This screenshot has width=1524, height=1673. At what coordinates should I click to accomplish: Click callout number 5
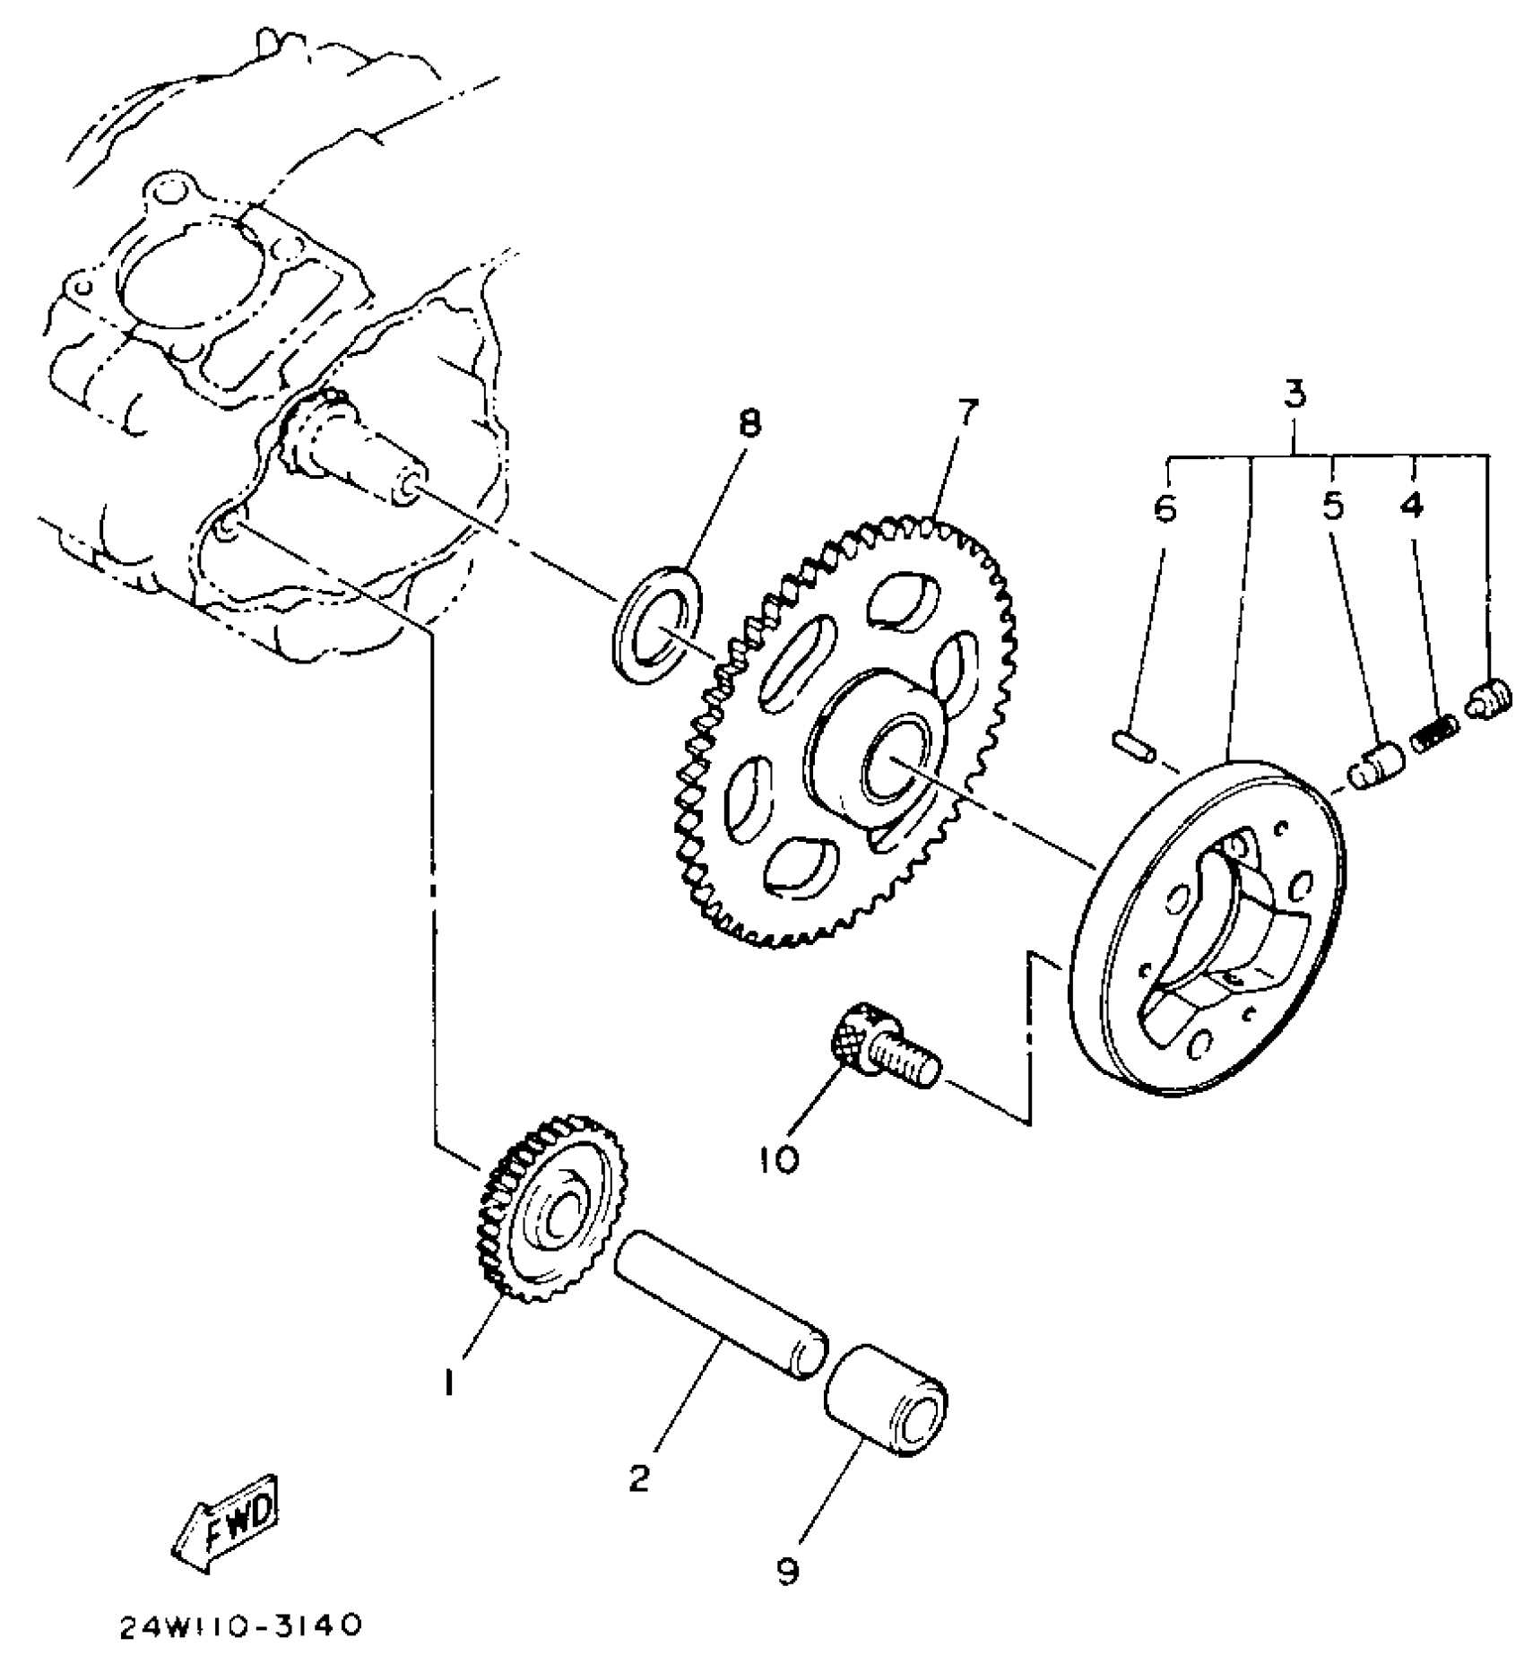pyautogui.click(x=1333, y=507)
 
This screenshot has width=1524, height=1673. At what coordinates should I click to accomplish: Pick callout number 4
pyautogui.click(x=1411, y=507)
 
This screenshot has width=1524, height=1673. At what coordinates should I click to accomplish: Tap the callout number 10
pyautogui.click(x=778, y=1161)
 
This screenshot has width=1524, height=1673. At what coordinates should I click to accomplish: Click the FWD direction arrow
pyautogui.click(x=225, y=1523)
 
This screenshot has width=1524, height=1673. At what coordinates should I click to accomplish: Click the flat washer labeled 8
pyautogui.click(x=658, y=625)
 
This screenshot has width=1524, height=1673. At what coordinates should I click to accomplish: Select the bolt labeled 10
pyautogui.click(x=883, y=1053)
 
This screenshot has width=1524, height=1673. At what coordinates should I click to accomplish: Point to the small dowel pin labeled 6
pyautogui.click(x=1135, y=741)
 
